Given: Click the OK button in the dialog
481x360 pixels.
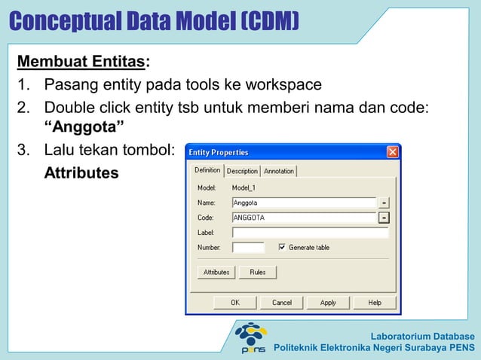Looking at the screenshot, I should (x=234, y=302).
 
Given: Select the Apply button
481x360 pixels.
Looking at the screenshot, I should (x=328, y=302).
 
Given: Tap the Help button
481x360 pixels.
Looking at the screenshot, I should (x=375, y=302).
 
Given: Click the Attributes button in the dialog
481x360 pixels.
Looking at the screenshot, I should (x=216, y=272).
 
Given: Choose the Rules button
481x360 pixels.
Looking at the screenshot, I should (x=258, y=272).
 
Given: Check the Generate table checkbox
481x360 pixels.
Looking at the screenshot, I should (x=283, y=247).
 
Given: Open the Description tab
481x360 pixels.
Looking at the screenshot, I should (x=242, y=171).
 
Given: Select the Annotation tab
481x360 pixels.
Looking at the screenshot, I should (x=279, y=171).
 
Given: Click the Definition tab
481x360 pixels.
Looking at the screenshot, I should (x=207, y=170).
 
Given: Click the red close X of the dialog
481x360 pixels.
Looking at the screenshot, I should (x=392, y=152).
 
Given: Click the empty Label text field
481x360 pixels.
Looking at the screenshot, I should (x=310, y=233).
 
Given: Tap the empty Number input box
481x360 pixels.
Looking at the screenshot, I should (x=248, y=247).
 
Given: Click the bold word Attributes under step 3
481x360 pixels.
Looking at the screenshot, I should (x=81, y=173).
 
